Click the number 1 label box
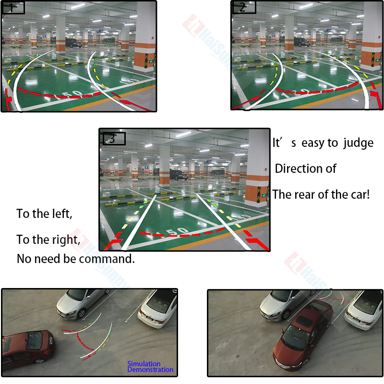pos(13,7)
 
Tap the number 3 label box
pos(114,139)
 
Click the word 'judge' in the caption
pos(358,143)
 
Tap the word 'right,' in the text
pos(63,239)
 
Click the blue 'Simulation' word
pos(144,364)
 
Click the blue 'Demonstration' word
pos(150,370)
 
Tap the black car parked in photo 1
pos(73,43)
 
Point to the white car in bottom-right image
pos(364,310)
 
